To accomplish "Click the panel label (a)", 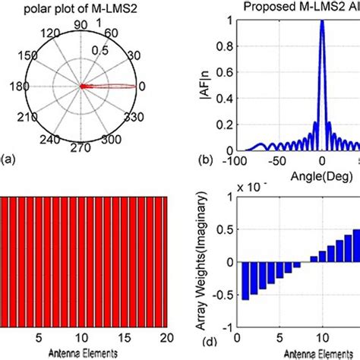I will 8,159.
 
